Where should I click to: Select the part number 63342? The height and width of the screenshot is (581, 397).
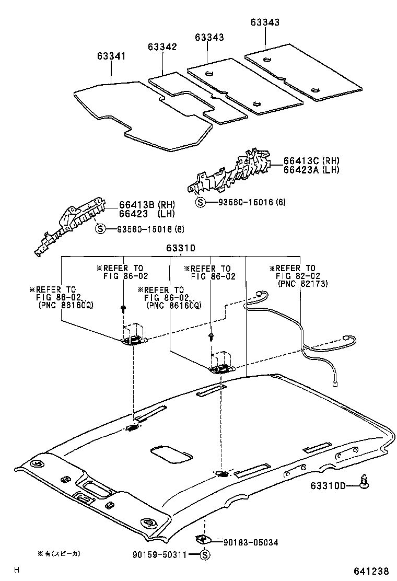[x=162, y=47]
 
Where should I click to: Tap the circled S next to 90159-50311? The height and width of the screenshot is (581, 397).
[x=205, y=555]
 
